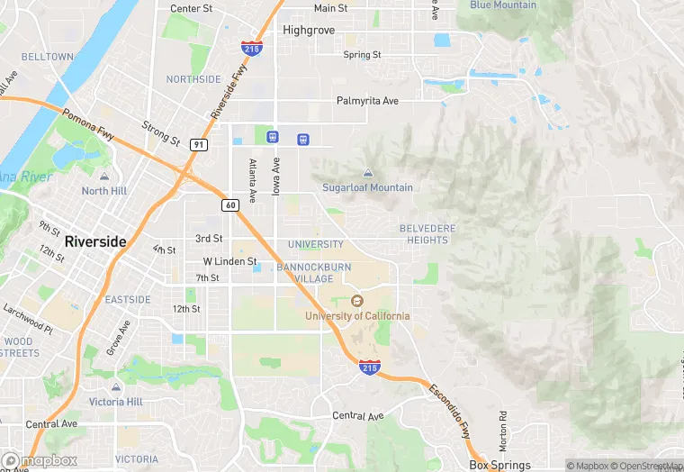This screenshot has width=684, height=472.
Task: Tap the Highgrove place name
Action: (309, 30)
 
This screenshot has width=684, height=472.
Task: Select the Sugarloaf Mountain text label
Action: (367, 187)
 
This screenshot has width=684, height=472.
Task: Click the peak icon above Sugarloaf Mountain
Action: (367, 173)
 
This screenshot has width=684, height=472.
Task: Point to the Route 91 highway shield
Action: (199, 144)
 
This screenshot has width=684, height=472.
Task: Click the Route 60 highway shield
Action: (230, 204)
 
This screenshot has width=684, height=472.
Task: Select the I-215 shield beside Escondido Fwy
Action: (369, 367)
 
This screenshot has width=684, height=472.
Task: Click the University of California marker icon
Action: (356, 301)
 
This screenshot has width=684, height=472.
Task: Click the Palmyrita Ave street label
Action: (367, 101)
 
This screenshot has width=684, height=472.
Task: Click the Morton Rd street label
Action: (503, 431)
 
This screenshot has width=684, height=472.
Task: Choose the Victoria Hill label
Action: (119, 401)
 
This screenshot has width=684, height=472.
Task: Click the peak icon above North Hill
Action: (104, 177)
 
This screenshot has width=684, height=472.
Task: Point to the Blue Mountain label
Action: (503, 5)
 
